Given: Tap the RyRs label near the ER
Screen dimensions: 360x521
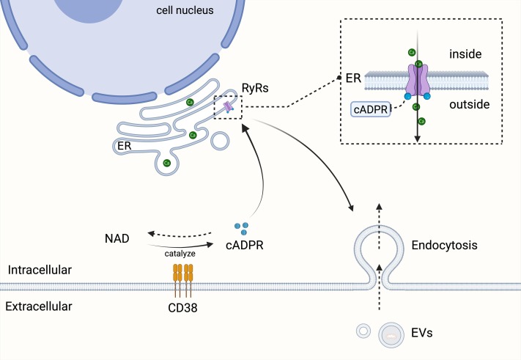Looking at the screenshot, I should coord(256,89).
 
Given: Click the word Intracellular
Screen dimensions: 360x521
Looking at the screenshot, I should coord(40,271).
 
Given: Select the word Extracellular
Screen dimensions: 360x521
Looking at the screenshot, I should coord(40,306).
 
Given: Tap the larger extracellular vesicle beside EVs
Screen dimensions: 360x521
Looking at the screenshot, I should coord(393,336).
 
